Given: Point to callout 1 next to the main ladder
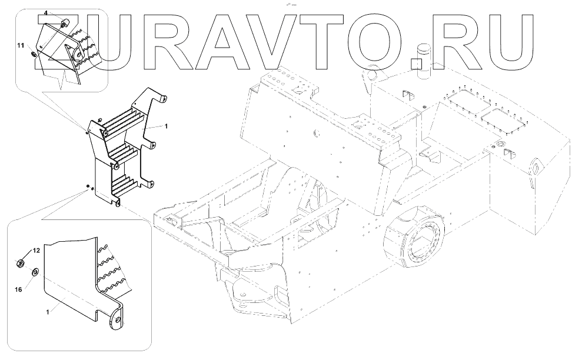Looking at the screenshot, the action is (x=167, y=126).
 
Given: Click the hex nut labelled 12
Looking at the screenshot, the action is (x=21, y=261).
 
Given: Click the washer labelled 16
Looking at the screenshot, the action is (x=35, y=272).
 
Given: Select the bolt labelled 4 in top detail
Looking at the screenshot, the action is (x=65, y=24).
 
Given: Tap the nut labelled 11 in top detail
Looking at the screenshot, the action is (x=34, y=54).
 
